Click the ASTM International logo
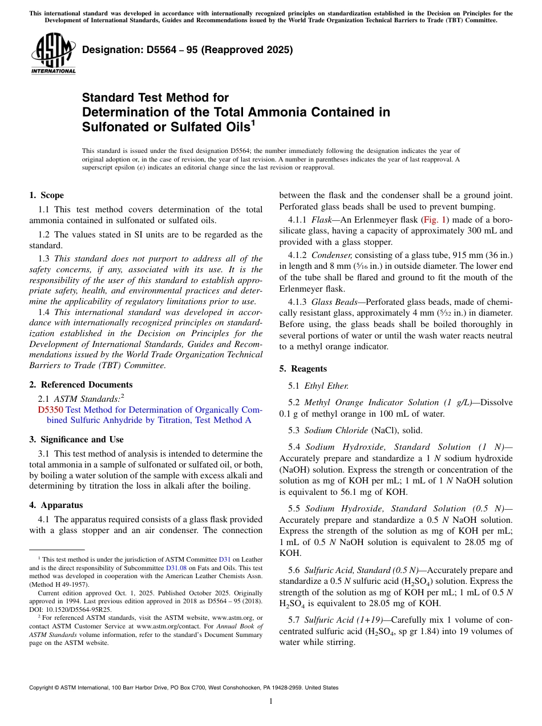(x=53, y=54)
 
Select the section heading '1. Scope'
(x=46, y=195)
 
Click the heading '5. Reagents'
(x=303, y=369)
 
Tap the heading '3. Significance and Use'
(x=76, y=439)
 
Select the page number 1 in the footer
(x=271, y=701)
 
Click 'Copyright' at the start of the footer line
(x=43, y=688)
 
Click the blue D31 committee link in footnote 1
(x=225, y=560)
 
